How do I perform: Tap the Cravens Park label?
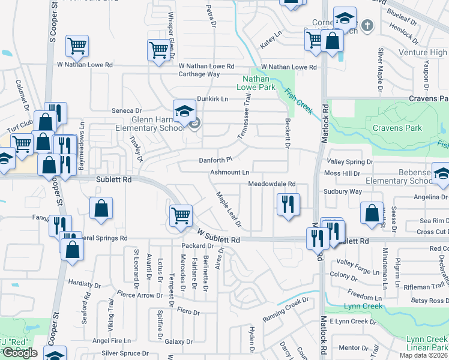[397, 128]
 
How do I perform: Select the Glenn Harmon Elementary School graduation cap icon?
[185, 110]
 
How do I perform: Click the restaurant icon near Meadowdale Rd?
[288, 204]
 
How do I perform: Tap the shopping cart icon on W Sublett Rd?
[181, 215]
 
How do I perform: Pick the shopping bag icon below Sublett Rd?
[101, 208]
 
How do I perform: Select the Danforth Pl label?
[215, 160]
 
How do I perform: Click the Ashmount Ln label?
[229, 172]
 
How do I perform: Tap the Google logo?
[20, 353]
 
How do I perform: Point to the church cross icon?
[369, 26]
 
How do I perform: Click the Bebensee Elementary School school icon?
[441, 173]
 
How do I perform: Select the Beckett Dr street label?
[287, 134]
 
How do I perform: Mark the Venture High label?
[423, 53]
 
